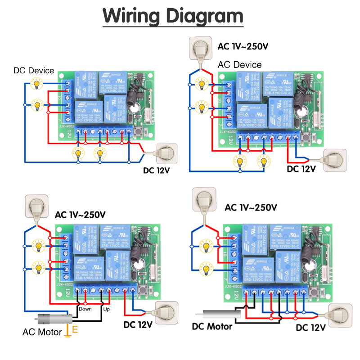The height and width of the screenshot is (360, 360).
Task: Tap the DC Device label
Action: pyautogui.click(x=34, y=71)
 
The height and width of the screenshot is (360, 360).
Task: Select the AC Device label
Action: pyautogui.click(x=239, y=65)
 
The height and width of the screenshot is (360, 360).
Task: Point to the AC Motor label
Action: pyautogui.click(x=42, y=332)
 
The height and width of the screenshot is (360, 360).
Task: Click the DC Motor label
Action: pyautogui.click(x=212, y=326)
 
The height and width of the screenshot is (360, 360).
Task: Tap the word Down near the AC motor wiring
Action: pyautogui.click(x=85, y=309)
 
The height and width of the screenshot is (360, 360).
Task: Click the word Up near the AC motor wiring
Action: pyautogui.click(x=106, y=309)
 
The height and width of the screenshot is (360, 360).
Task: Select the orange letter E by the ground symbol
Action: pyautogui.click(x=75, y=329)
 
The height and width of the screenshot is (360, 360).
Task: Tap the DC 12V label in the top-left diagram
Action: pyautogui.click(x=158, y=170)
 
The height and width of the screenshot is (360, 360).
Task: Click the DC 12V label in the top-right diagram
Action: pyautogui.click(x=301, y=169)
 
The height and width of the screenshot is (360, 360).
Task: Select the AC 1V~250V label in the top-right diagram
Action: pyautogui.click(x=243, y=46)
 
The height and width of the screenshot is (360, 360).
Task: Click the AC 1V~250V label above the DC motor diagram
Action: pyautogui.click(x=251, y=207)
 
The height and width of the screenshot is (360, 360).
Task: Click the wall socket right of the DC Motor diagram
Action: pyautogui.click(x=340, y=313)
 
